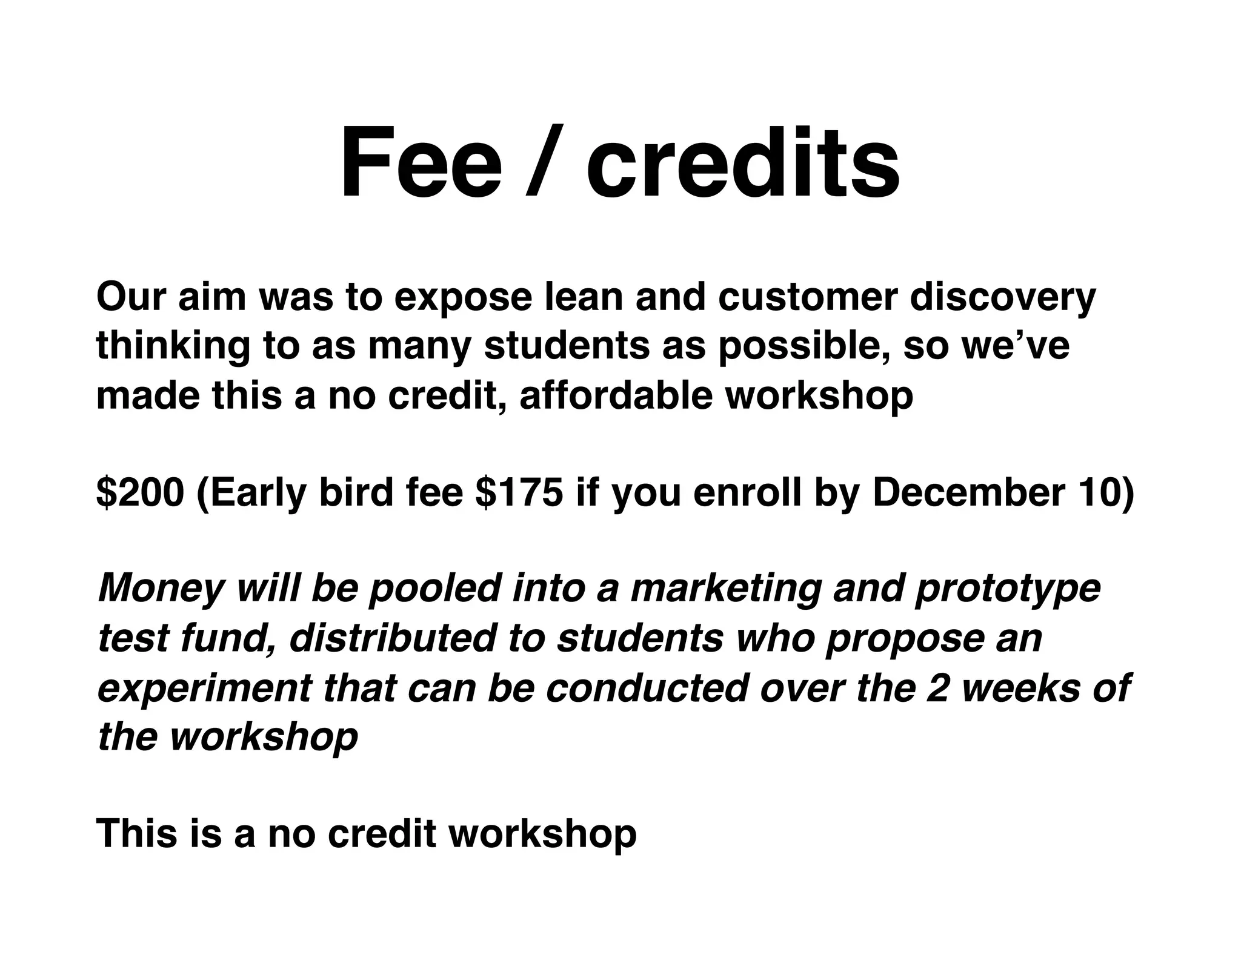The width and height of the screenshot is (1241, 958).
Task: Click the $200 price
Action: [140, 492]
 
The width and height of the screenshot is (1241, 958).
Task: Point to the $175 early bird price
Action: [519, 492]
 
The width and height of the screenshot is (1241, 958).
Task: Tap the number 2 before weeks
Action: [938, 688]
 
